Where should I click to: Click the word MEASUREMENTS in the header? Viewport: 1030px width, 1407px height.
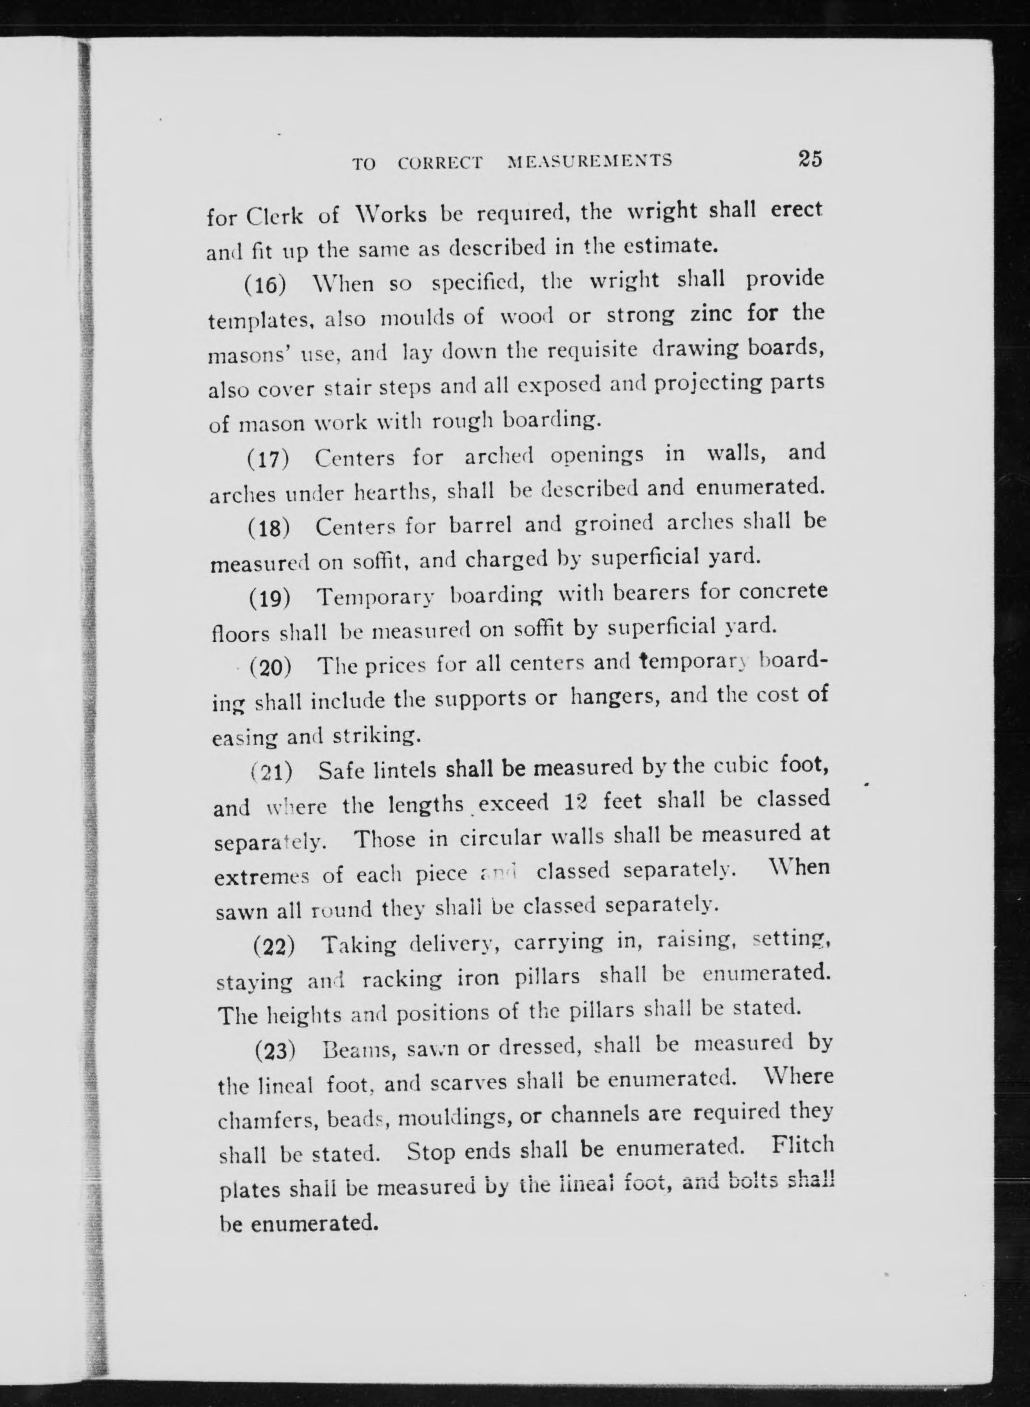(x=590, y=161)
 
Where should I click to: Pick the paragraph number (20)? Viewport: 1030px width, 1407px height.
(x=271, y=668)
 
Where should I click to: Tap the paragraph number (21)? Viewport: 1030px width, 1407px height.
(x=272, y=773)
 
